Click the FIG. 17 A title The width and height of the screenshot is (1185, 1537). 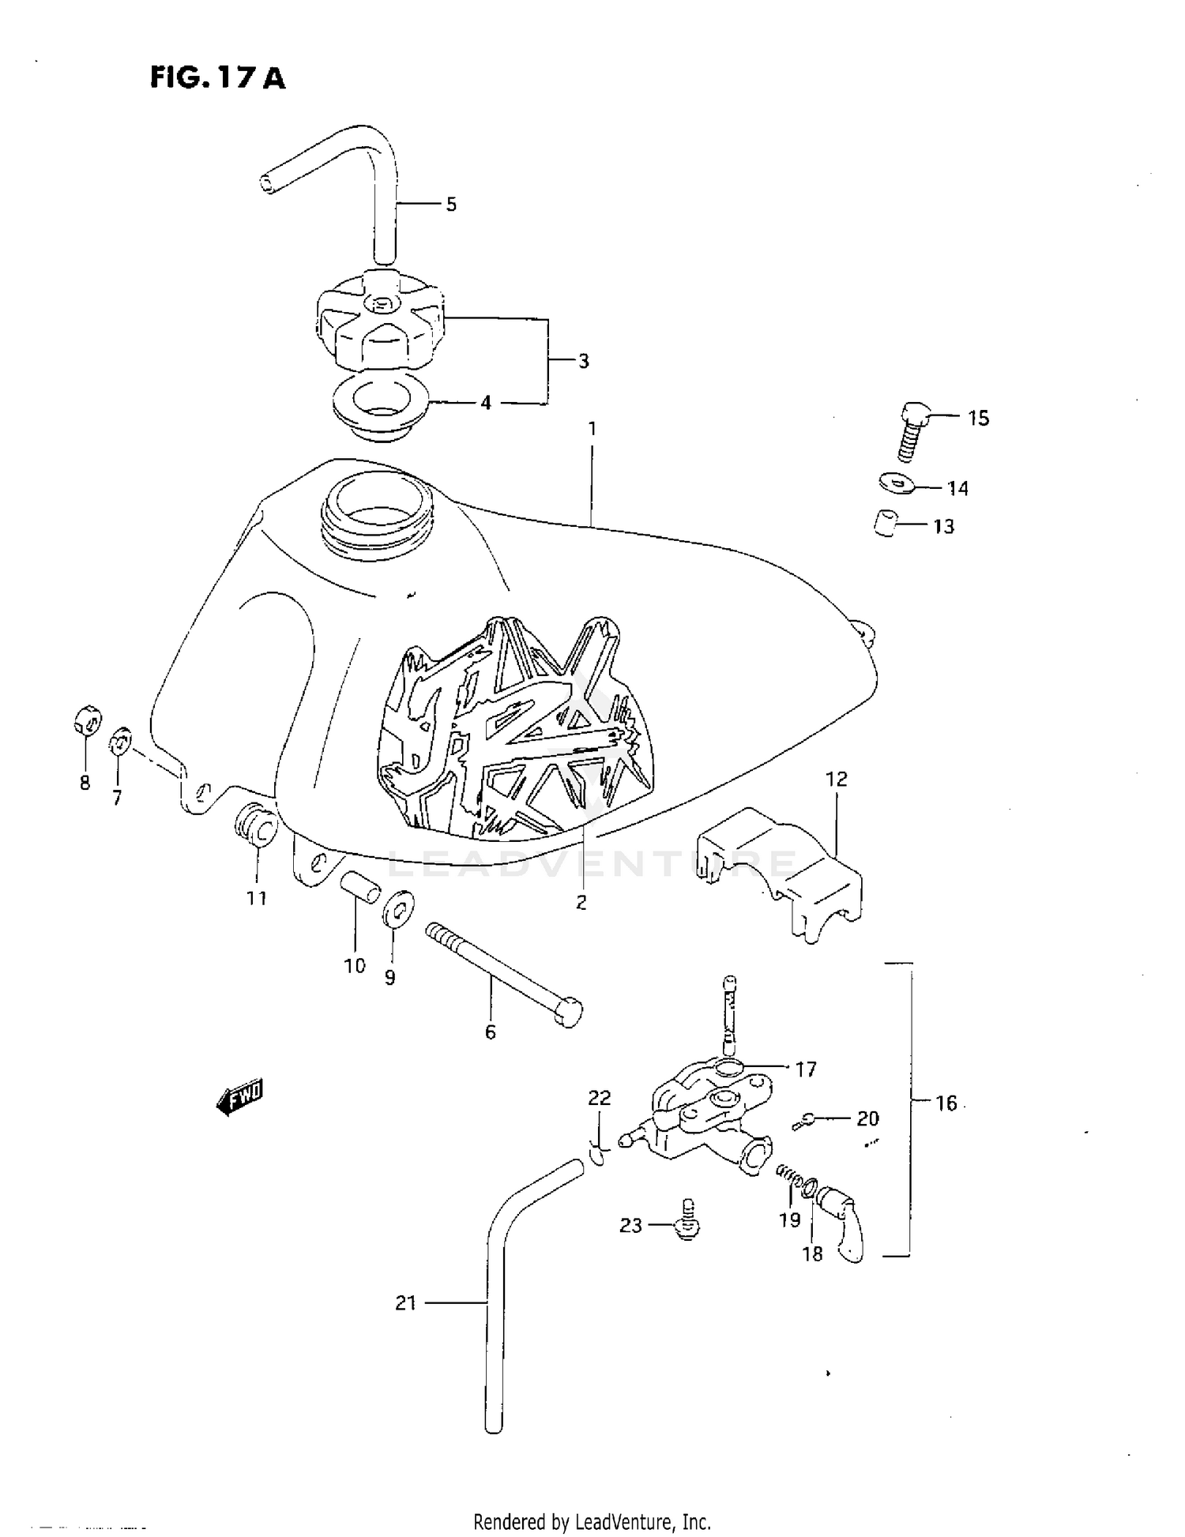coord(217,78)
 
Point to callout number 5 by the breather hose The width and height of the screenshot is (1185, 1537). coord(451,205)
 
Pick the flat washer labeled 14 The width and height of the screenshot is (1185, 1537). coord(896,482)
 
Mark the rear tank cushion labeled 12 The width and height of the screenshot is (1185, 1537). coord(780,869)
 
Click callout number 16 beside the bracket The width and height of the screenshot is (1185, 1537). coord(946,1103)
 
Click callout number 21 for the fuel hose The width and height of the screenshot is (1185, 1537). coord(405,1302)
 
